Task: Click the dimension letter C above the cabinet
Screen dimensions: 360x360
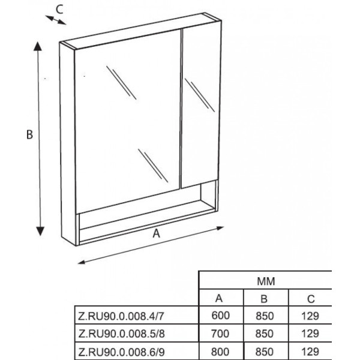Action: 59,10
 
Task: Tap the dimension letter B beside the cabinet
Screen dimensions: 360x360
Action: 29,134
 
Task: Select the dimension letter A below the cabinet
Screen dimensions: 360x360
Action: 157,234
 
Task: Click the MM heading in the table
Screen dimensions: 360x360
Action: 266,281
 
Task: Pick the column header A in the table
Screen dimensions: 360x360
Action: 219,298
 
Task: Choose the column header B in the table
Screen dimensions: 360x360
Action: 264,299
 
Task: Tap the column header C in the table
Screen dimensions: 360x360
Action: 311,299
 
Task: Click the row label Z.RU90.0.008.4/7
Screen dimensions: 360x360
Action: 121,316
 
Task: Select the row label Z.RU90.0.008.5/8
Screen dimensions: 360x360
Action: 121,334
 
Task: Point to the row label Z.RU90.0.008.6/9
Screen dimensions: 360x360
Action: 121,352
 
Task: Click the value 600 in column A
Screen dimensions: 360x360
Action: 220,316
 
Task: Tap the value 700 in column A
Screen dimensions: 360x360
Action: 220,334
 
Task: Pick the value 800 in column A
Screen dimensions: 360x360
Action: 220,352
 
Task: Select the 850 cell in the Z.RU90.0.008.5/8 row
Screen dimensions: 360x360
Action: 265,334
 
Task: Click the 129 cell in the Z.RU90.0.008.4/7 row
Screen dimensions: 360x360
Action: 310,316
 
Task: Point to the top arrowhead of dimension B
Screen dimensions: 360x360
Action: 38,46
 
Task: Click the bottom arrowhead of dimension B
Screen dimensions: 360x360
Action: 40,231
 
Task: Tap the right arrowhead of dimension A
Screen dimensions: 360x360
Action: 220,228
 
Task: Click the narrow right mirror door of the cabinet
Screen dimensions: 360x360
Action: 200,106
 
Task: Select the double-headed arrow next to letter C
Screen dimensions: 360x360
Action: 56,20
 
